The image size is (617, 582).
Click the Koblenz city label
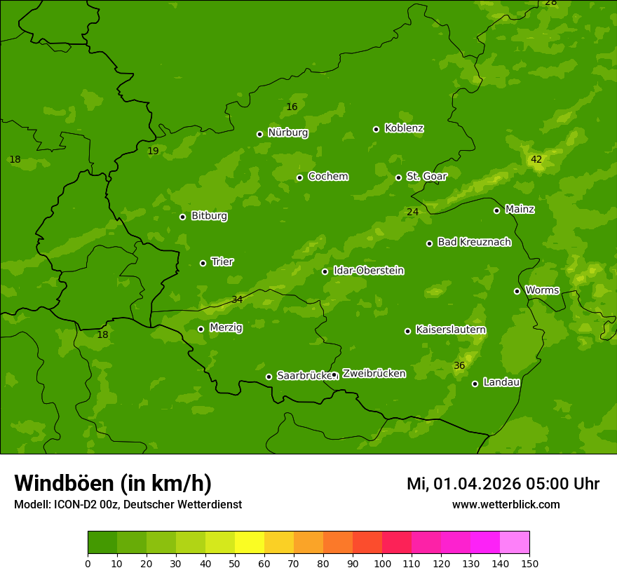pyautogui.click(x=404, y=128)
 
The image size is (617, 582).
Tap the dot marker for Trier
pyautogui.click(x=203, y=263)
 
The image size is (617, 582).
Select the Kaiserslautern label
pyautogui.click(x=451, y=330)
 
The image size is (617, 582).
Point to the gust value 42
pyautogui.click(x=536, y=160)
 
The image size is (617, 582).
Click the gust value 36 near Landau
pyautogui.click(x=459, y=366)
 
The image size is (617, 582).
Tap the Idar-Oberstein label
pyautogui.click(x=368, y=271)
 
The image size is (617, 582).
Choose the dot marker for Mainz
pyautogui.click(x=496, y=210)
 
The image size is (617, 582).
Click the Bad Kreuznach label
pyautogui.click(x=474, y=242)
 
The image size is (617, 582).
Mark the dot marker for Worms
pyautogui.click(x=517, y=291)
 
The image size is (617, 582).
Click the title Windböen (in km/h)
pyautogui.click(x=113, y=483)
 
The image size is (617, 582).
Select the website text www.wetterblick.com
pyautogui.click(x=506, y=504)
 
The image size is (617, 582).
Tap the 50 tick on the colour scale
pyautogui.click(x=235, y=563)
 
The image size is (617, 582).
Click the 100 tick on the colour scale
pyautogui.click(x=382, y=563)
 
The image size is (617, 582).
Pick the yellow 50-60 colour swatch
pyautogui.click(x=250, y=542)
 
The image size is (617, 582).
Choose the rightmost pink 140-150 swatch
pyautogui.click(x=515, y=542)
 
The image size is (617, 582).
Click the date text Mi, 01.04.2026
pyautogui.click(x=463, y=484)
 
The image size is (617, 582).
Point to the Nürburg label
pyautogui.click(x=287, y=133)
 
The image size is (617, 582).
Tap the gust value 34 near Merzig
pyautogui.click(x=237, y=300)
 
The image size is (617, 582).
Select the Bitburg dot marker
pyautogui.click(x=183, y=217)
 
